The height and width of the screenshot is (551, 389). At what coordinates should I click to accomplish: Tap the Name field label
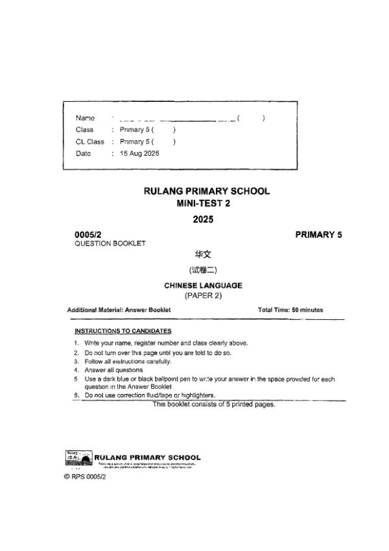click(x=85, y=118)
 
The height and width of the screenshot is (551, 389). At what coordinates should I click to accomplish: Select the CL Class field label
click(x=89, y=141)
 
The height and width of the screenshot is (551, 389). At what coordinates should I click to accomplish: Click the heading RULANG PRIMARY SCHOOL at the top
click(x=206, y=191)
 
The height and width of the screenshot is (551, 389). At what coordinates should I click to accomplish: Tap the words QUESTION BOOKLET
click(x=110, y=243)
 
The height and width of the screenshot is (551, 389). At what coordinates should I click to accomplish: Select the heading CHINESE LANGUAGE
click(x=203, y=285)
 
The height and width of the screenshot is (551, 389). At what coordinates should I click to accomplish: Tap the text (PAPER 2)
click(x=203, y=296)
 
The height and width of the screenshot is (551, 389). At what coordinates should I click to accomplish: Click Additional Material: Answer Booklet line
click(x=119, y=310)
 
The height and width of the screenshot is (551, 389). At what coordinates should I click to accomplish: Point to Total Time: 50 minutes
click(x=290, y=310)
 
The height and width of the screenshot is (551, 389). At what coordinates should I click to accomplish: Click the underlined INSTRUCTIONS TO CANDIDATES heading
click(x=123, y=331)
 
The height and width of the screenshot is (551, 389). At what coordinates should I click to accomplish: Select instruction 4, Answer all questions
click(x=113, y=370)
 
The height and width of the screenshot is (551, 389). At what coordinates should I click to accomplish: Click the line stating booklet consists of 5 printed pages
click(x=214, y=404)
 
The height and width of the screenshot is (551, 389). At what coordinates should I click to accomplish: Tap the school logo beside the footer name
click(x=79, y=458)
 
